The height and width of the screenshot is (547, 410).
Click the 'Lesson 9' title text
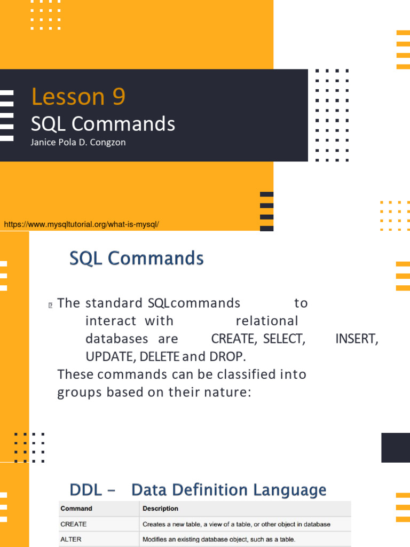78,97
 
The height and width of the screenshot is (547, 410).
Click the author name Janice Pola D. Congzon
78,143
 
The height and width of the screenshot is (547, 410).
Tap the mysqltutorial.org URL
82,224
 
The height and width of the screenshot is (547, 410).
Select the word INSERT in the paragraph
357,339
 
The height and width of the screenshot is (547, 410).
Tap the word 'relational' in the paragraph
267,321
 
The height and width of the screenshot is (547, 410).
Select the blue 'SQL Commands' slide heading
137,259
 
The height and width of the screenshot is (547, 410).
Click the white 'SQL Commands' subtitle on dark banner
103,124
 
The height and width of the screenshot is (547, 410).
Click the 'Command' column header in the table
76,509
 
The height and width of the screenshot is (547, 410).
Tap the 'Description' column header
160,509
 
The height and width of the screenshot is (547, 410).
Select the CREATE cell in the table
74,524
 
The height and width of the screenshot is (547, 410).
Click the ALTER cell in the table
71,540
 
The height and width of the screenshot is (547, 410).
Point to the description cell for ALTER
219,540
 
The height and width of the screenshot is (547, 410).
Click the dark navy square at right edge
396,448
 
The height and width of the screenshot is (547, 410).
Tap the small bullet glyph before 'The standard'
50,305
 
